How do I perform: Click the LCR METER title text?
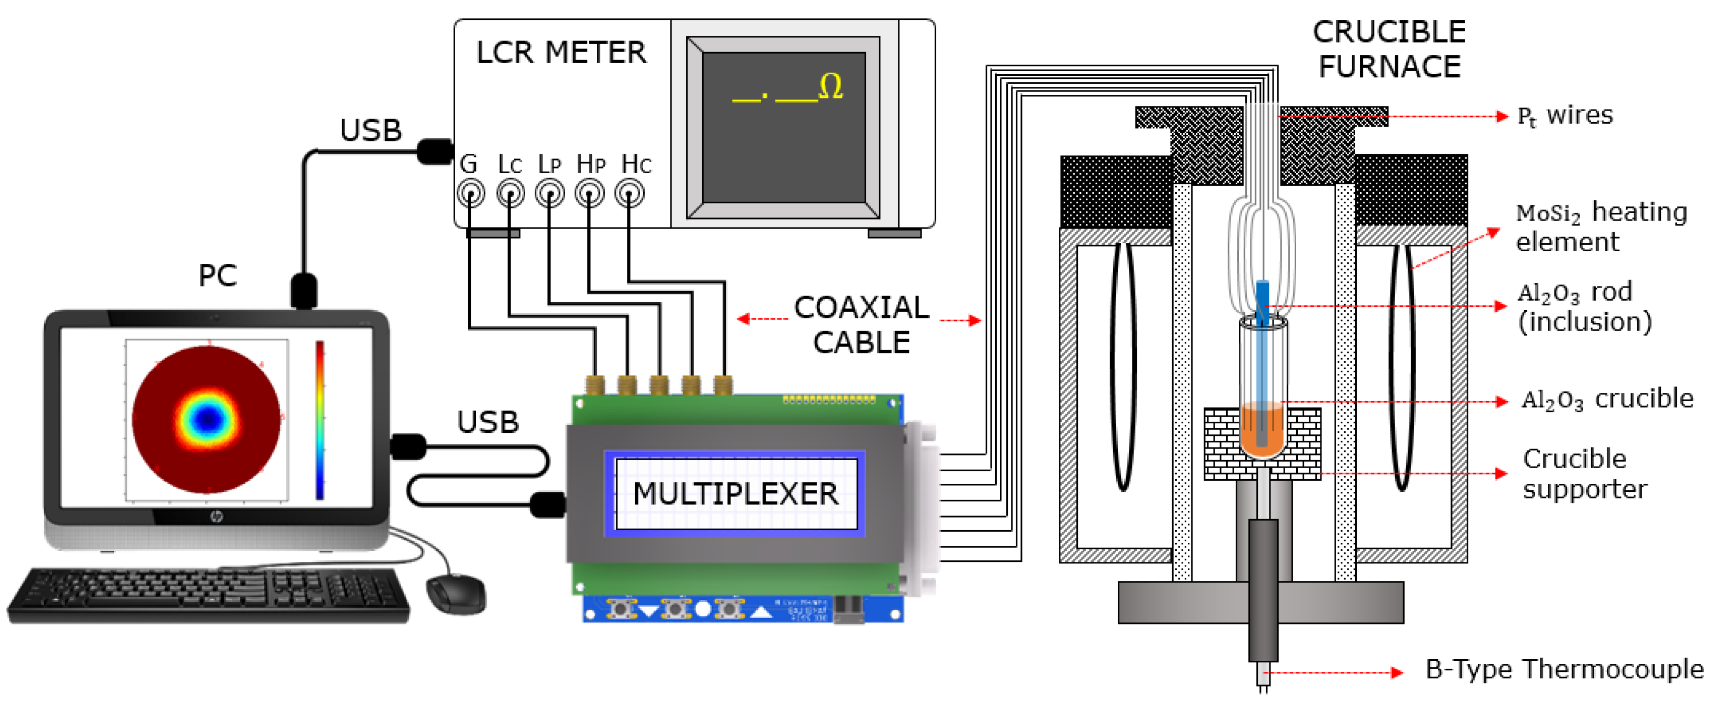coord(561,53)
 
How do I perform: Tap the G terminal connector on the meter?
coord(470,194)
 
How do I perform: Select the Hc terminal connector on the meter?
coord(629,194)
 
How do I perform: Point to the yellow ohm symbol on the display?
coord(831,86)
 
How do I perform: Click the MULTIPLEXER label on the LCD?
coord(735,494)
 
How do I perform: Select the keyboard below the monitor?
coord(209,595)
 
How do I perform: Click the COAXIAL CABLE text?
coord(862,325)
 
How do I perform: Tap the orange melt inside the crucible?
coord(1262,432)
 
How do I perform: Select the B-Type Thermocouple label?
coord(1564,669)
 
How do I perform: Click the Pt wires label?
coord(1565,116)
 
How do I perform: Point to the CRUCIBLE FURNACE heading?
coord(1389,49)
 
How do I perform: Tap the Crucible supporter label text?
coord(1585,474)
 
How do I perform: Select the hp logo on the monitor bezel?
coord(217,517)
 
